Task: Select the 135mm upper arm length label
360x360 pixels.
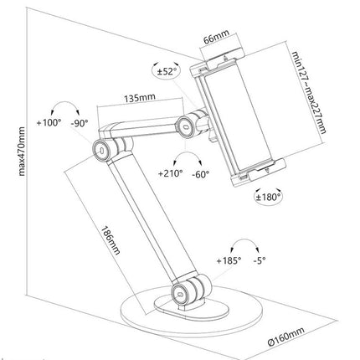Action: (136, 97)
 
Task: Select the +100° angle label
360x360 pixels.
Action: (49, 124)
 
